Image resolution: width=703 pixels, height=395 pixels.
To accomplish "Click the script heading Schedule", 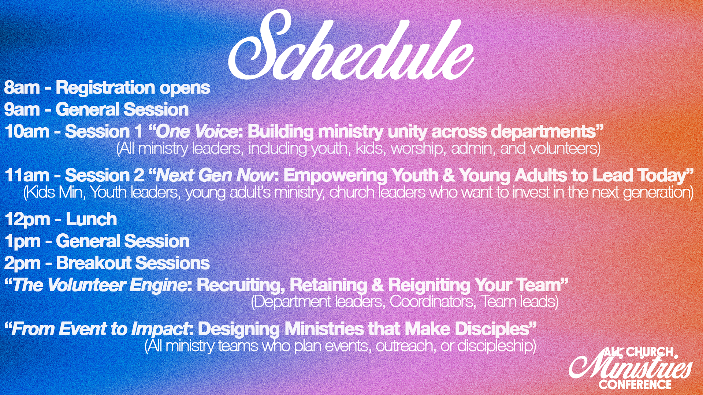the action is coord(351,46).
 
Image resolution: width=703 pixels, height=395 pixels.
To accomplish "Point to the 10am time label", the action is coord(27,132).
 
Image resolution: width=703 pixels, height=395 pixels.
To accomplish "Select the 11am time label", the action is coord(27,176).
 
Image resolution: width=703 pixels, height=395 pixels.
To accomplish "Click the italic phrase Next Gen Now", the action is coord(215,176).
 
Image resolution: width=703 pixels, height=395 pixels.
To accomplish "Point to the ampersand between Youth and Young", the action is coord(449,176).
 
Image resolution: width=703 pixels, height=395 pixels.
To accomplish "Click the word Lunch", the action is coord(92,219).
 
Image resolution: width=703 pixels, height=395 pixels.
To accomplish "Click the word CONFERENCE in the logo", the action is coord(635,384).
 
